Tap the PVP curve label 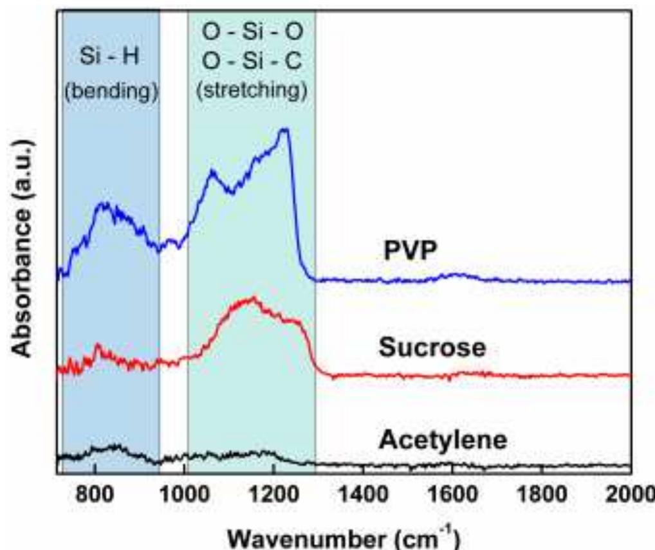[411, 252]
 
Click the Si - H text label [111, 57]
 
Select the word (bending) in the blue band [111, 90]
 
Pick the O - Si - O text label [251, 32]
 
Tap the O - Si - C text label [251, 61]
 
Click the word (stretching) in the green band [251, 90]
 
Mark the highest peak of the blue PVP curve [284, 130]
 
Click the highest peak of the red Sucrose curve [253, 298]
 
